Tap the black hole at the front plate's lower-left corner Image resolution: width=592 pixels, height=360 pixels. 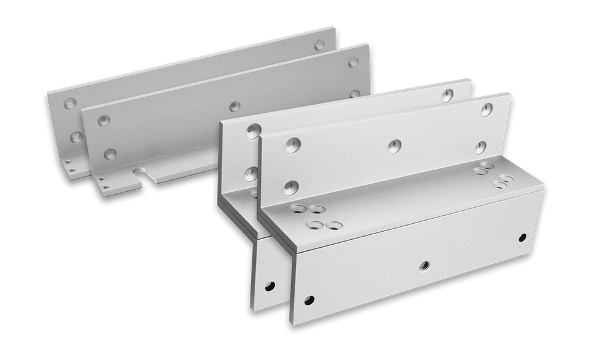(x=309, y=300)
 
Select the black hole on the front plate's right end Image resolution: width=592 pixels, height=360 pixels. (x=522, y=237)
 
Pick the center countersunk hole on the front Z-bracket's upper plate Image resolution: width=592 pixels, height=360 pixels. (x=394, y=146)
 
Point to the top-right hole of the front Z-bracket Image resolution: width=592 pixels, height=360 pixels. (x=486, y=110)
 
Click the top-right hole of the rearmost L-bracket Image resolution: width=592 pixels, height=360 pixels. (x=319, y=45)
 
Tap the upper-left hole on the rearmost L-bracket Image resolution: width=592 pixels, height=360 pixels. (x=70, y=104)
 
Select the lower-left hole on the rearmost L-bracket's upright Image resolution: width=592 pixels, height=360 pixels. (x=76, y=136)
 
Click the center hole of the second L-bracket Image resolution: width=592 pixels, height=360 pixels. (x=234, y=106)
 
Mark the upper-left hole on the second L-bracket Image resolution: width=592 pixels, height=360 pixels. (x=104, y=120)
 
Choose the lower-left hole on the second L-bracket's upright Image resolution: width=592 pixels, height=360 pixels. (x=110, y=153)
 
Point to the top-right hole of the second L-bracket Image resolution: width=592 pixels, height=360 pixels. (x=353, y=62)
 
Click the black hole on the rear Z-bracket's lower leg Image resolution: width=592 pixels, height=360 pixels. (x=269, y=286)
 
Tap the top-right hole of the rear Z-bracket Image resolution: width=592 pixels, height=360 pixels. (x=447, y=95)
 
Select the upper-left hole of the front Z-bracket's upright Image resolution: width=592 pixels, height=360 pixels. (x=292, y=145)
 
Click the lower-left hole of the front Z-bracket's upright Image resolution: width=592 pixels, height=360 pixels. (x=290, y=187)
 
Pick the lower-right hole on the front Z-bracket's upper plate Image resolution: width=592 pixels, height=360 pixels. (x=480, y=147)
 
